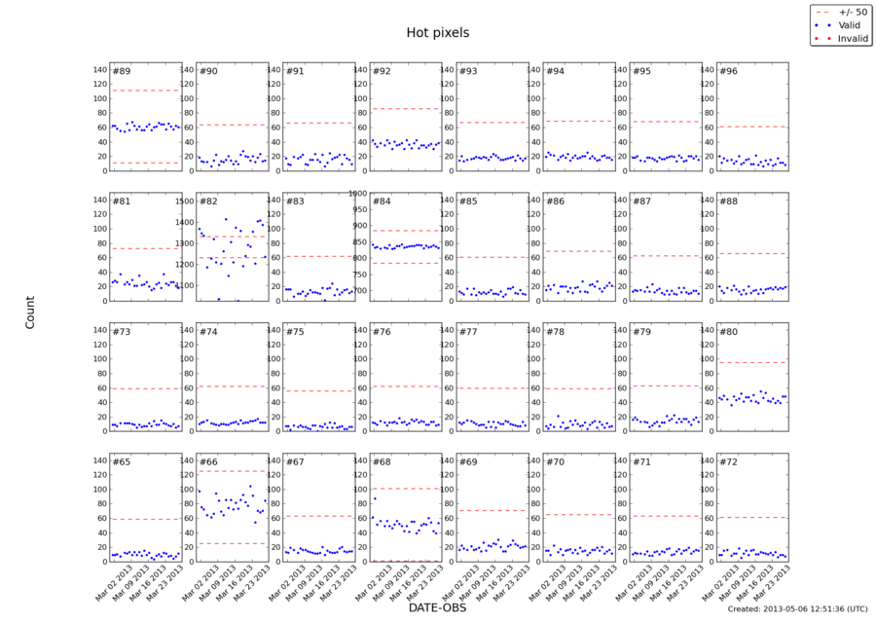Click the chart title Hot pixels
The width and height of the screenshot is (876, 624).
point(437,32)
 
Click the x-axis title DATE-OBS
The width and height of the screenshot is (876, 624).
point(437,606)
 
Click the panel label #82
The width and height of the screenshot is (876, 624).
point(208,202)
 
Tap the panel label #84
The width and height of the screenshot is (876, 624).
point(382,202)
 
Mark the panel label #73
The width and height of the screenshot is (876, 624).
point(122,332)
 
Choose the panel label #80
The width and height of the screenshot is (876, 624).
point(728,332)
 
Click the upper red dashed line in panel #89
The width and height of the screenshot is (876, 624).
point(145,91)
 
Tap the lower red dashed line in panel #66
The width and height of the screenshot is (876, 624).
point(232,543)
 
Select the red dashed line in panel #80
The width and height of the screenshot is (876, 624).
point(751,362)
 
